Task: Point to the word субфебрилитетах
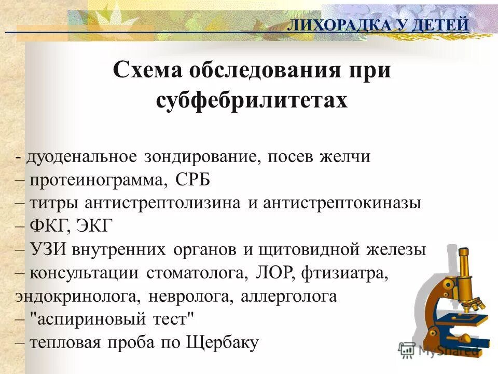pyautogui.click(x=252, y=100)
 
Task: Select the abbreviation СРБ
pyautogui.click(x=193, y=180)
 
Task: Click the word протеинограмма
pyautogui.click(x=99, y=180)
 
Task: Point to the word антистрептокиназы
pyautogui.click(x=342, y=203)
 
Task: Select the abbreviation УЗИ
pyautogui.click(x=49, y=250)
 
